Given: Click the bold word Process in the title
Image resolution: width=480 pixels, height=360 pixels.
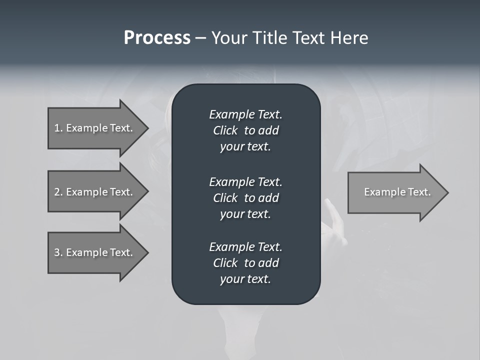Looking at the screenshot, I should tap(157, 38).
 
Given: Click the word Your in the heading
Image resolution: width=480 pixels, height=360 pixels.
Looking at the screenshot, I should tap(228, 38).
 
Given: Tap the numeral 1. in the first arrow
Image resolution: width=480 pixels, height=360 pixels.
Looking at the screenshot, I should tap(58, 128).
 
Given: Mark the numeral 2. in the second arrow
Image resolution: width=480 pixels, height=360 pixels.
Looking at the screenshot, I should tap(58, 192).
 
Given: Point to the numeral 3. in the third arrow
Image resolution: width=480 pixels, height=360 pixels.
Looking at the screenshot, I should tap(58, 252).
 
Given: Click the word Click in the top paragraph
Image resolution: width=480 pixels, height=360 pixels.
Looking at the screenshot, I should tap(225, 131).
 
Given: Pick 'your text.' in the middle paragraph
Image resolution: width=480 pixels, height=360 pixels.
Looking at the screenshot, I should tap(245, 214).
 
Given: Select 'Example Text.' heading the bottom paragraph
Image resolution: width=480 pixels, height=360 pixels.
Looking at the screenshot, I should tap(245, 247).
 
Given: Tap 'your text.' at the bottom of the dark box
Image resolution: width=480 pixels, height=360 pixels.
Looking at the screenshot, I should tap(245, 279).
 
